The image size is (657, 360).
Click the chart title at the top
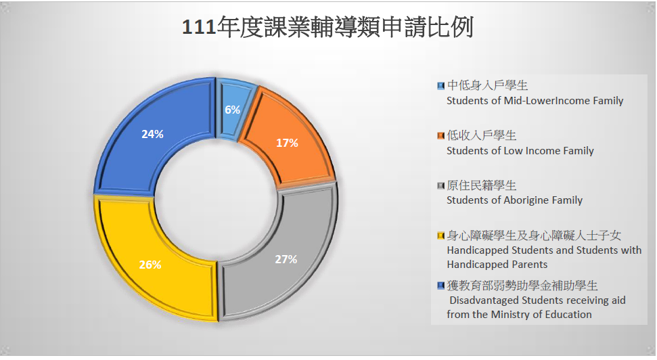[327, 28]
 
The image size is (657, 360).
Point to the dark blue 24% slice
[153, 134]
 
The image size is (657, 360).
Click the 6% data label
[232, 110]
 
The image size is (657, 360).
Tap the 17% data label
[287, 143]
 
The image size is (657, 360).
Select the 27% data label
[286, 259]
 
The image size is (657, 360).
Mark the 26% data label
[150, 265]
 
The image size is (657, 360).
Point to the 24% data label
[152, 134]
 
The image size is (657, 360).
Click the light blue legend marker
[440, 86]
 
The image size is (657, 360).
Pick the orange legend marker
[440, 136]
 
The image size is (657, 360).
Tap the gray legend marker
[440, 185]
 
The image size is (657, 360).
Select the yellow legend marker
[440, 235]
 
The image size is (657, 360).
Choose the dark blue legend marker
[440, 286]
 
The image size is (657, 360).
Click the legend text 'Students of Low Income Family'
[520, 151]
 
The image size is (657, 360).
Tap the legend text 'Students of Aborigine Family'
[514, 200]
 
